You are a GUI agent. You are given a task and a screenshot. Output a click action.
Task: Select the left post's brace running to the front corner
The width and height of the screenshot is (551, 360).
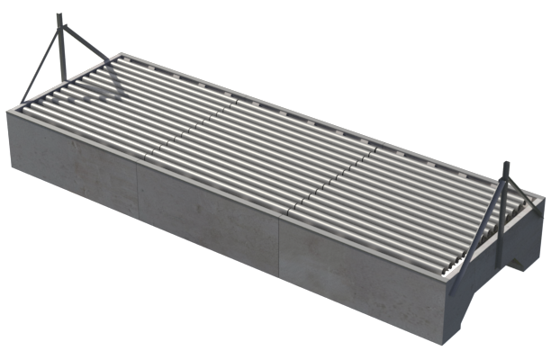36,62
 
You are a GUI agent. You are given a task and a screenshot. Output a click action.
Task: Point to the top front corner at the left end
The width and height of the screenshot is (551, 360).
8,110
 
